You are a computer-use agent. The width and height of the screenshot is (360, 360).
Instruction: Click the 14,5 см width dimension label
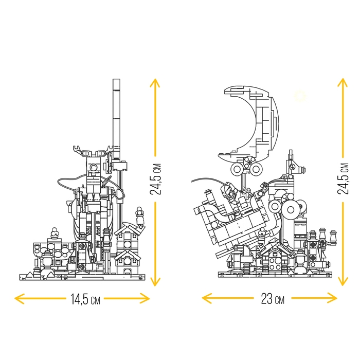pos(85,299)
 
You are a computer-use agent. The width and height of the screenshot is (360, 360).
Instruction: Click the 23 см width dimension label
pos(273,299)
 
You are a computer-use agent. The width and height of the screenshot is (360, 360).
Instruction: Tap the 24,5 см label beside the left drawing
pos(155,179)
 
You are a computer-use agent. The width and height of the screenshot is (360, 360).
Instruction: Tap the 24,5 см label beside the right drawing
pos(343,178)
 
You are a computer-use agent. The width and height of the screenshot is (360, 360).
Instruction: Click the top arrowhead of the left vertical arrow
pos(155,83)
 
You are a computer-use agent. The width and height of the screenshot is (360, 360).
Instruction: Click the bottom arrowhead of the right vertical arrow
pos(343,281)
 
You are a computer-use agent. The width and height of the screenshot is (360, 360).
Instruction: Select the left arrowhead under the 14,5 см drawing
pos(20,299)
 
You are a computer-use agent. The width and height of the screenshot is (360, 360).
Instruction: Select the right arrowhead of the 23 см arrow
pos(332,298)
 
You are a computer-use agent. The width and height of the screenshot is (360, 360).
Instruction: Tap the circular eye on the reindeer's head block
pos(94,167)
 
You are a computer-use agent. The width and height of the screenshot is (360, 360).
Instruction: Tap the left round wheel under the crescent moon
pos(237,169)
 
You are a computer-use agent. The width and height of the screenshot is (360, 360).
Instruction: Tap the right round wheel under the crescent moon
pos(256,169)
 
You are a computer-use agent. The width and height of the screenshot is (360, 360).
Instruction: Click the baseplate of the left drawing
pos(83,278)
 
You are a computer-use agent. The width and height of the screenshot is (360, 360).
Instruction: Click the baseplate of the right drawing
pos(275,275)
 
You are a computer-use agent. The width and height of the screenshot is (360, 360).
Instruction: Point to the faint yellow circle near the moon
pos(300,96)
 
